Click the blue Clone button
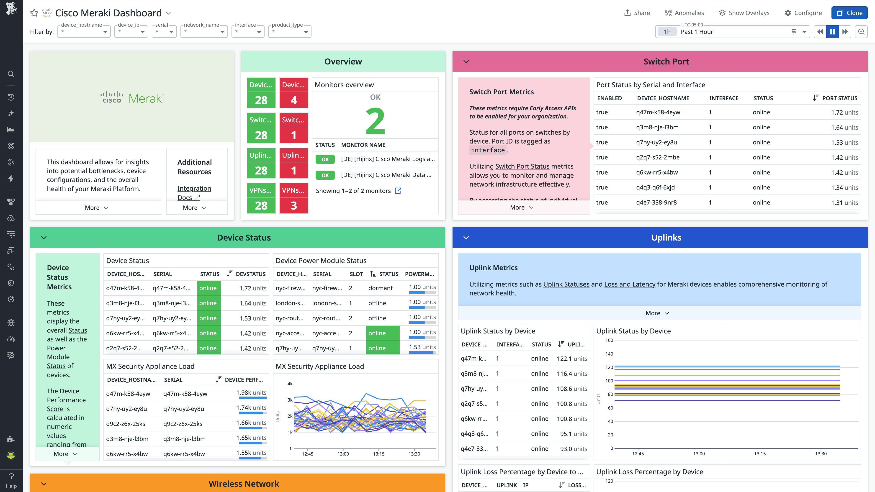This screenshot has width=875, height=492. pyautogui.click(x=849, y=13)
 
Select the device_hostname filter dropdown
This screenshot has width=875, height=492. pyautogui.click(x=84, y=32)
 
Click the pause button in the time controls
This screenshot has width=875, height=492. pyautogui.click(x=832, y=32)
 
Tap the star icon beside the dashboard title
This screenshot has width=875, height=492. pyautogui.click(x=34, y=13)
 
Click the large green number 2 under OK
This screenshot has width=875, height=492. pyautogui.click(x=375, y=121)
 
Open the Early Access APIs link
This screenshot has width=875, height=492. pyautogui.click(x=552, y=108)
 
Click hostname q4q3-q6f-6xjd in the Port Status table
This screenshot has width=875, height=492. pyautogui.click(x=655, y=187)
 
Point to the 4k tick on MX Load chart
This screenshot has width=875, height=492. pyautogui.click(x=290, y=384)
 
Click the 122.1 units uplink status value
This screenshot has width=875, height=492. pyautogui.click(x=572, y=359)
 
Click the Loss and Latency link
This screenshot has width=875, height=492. pyautogui.click(x=629, y=284)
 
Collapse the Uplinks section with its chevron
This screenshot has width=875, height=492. pyautogui.click(x=466, y=238)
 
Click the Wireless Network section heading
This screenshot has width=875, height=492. pyautogui.click(x=244, y=484)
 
